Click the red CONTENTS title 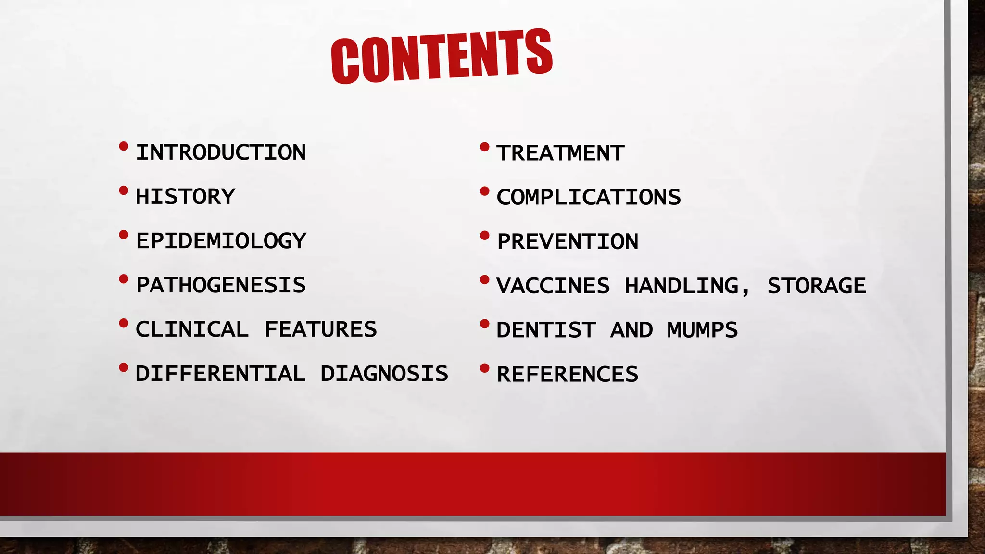[x=442, y=56]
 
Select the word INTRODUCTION [x=221, y=152]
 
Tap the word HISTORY [x=185, y=197]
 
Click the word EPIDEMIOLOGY [x=221, y=241]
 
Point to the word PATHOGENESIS [x=221, y=285]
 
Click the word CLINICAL [x=192, y=329]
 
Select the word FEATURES [x=320, y=329]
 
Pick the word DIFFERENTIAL [x=220, y=374]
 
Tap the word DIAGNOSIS [x=384, y=374]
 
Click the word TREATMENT [x=560, y=153]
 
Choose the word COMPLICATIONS [x=589, y=198]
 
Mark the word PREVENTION [x=568, y=242]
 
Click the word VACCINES [x=553, y=286]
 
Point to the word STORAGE [x=816, y=286]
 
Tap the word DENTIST [x=546, y=330]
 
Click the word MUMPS [x=702, y=330]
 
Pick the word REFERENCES [x=568, y=375]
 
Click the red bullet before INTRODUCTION [x=124, y=146]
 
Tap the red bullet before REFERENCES [x=485, y=368]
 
